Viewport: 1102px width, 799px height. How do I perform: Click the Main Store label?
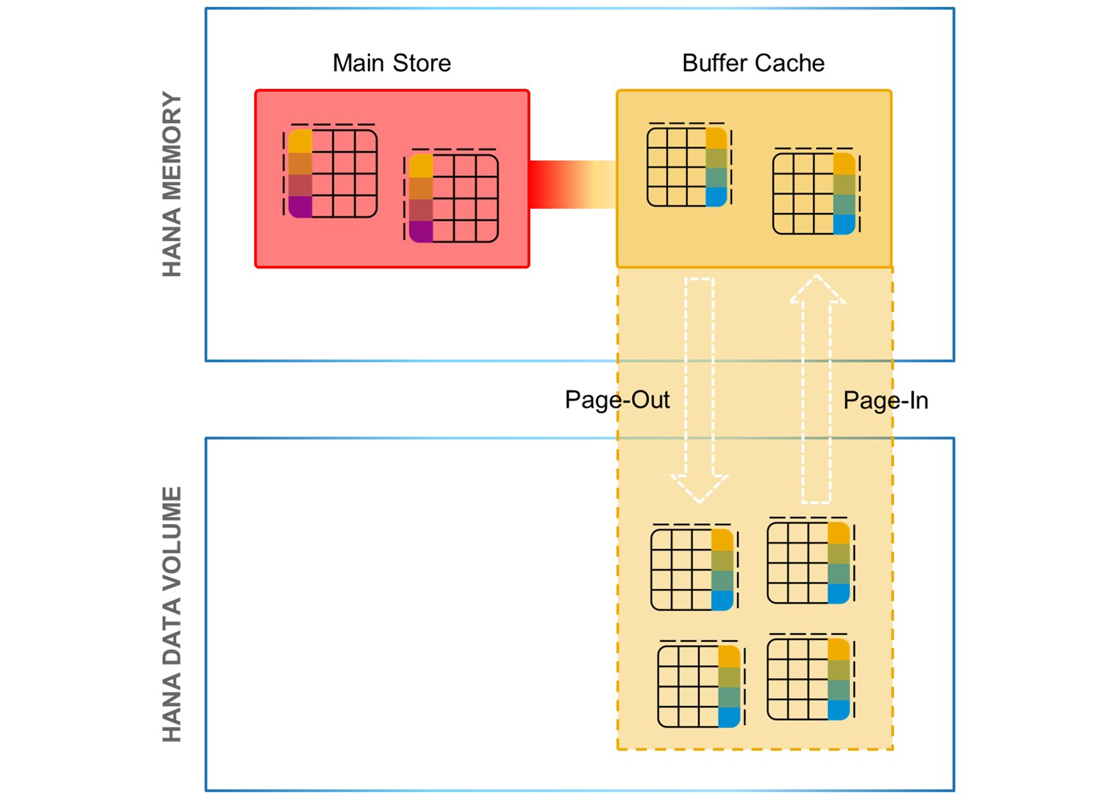coord(391,63)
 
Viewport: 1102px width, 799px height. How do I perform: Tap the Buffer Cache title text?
coord(753,63)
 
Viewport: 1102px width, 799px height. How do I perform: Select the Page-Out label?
coord(616,400)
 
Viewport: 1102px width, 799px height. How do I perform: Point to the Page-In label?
coord(885,401)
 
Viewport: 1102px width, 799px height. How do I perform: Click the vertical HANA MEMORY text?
coord(173,184)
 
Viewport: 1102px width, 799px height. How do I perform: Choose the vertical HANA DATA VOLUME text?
coord(173,614)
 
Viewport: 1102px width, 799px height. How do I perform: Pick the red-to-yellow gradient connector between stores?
coord(572,185)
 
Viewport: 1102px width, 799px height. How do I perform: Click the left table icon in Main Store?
coord(332,173)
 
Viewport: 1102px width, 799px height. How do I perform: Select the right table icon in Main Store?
coord(453,197)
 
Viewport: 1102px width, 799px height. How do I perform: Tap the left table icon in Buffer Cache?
coord(688,166)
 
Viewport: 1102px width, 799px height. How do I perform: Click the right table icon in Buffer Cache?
coord(814,192)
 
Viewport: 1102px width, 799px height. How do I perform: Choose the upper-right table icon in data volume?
coord(809,562)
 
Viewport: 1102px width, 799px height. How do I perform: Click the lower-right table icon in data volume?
coord(809,678)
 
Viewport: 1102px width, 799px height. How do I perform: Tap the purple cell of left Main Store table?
coord(300,207)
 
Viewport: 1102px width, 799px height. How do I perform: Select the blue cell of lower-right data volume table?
coord(839,710)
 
